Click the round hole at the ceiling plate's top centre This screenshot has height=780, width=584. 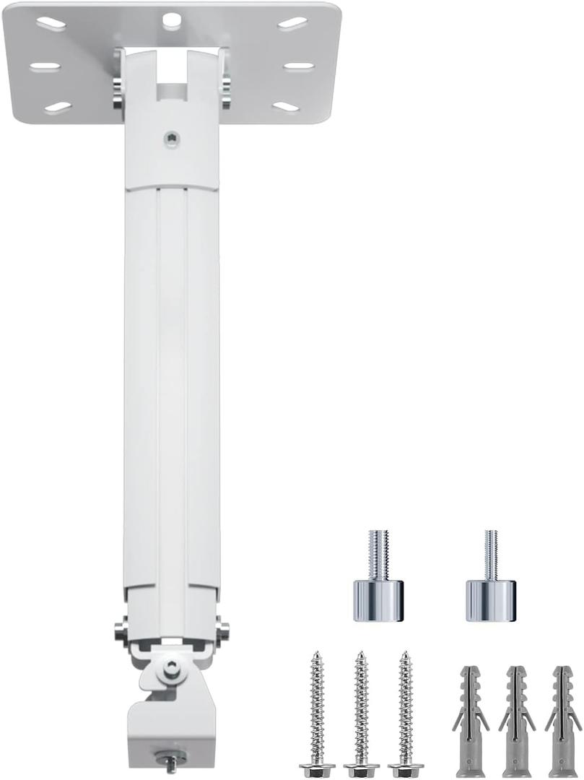pos(171,19)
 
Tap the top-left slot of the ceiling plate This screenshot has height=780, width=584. pos(51,24)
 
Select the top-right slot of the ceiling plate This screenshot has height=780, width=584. pos(292,24)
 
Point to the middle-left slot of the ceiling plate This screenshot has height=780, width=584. pos(45,66)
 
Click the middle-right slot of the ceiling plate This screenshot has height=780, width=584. pos(298,66)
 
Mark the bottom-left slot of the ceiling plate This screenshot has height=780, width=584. pos(58,107)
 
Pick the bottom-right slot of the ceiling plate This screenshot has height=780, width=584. pos(286,107)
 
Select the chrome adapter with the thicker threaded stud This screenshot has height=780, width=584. pos(378,578)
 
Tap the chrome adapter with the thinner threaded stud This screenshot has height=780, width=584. pos(490,578)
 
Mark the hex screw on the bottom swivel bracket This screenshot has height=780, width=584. pos(170,668)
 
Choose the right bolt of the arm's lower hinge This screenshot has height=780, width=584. pos(223,630)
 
